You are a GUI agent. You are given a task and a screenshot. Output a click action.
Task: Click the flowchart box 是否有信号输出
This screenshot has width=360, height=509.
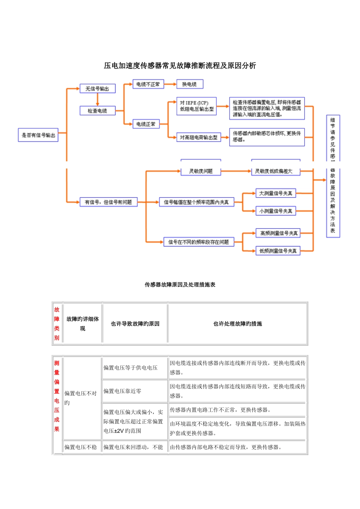click(38, 135)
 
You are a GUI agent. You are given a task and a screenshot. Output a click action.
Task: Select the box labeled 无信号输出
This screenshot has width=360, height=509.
click(97, 89)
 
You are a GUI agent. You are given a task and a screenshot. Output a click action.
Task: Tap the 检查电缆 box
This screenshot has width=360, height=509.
click(97, 111)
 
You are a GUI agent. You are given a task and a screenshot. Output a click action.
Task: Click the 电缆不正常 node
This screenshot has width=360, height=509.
click(148, 84)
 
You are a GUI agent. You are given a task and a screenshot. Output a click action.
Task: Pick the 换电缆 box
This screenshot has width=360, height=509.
click(190, 84)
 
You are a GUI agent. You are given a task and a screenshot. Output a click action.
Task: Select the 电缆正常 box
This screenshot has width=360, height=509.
click(146, 124)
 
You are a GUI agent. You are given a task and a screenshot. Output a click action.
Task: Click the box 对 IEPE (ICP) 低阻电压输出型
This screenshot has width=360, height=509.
click(196, 106)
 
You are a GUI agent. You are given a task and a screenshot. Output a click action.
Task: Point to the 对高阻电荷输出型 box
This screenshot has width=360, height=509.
click(199, 137)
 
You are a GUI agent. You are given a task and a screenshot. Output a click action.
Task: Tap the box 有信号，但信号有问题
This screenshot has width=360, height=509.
click(108, 202)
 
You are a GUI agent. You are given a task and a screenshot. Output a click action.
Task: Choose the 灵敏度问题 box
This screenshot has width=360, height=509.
click(201, 171)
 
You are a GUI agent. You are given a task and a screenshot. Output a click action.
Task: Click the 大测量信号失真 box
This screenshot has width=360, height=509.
click(275, 194)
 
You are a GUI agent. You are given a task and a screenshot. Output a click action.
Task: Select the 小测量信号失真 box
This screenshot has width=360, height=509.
click(275, 211)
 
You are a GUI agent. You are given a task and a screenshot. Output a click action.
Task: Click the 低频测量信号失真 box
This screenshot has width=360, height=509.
click(278, 251)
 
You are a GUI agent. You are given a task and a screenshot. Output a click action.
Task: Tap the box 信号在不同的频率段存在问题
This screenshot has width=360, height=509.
click(199, 242)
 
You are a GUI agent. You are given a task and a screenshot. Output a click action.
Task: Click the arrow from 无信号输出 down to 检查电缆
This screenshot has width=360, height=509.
click(97, 100)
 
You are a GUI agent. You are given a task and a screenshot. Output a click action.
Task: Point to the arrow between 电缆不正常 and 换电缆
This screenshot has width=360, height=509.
click(170, 84)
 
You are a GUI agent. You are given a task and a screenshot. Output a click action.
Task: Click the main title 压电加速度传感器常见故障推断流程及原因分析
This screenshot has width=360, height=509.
click(180, 66)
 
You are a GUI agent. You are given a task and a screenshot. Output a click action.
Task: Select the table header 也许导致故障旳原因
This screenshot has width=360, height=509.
click(135, 324)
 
